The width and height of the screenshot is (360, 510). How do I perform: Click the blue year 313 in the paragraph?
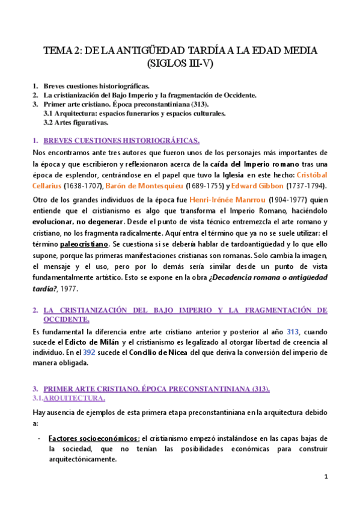point(293,331)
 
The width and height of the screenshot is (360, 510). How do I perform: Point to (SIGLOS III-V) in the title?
point(180,62)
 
